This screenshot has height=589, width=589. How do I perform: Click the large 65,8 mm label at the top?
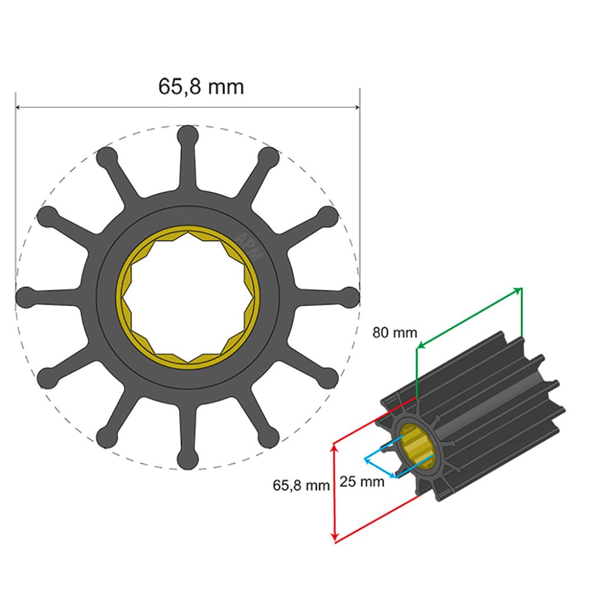(201, 87)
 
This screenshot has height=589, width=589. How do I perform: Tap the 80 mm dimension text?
(394, 333)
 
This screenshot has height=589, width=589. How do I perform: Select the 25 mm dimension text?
(362, 482)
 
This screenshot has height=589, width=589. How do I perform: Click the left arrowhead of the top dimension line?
(19, 107)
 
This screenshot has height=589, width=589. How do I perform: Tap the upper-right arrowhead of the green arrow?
(519, 289)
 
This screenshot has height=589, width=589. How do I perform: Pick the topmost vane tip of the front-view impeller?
(187, 134)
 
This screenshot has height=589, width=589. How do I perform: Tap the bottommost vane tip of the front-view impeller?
(187, 461)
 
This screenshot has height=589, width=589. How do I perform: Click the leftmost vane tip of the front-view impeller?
(25, 297)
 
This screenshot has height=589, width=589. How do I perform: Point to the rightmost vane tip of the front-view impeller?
(350, 297)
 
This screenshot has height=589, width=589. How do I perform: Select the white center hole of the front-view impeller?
(187, 297)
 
